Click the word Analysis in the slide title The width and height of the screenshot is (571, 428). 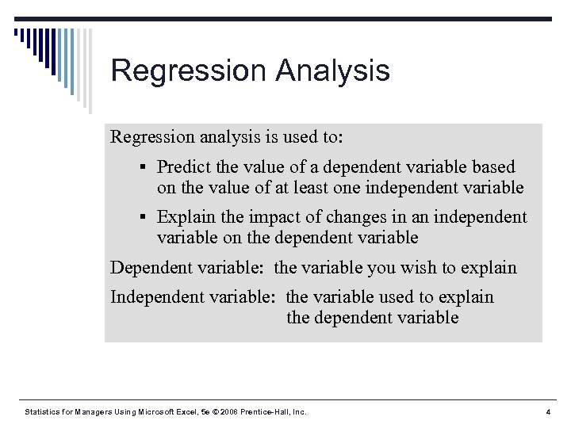point(332,71)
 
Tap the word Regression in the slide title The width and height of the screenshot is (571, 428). point(189,71)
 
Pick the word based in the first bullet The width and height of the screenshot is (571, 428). point(493,167)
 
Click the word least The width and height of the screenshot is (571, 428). point(343,188)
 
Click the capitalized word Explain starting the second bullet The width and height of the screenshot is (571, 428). point(185,217)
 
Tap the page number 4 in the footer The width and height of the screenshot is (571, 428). point(548,412)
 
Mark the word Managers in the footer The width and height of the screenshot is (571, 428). point(95,412)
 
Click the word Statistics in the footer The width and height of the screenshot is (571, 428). point(41,412)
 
